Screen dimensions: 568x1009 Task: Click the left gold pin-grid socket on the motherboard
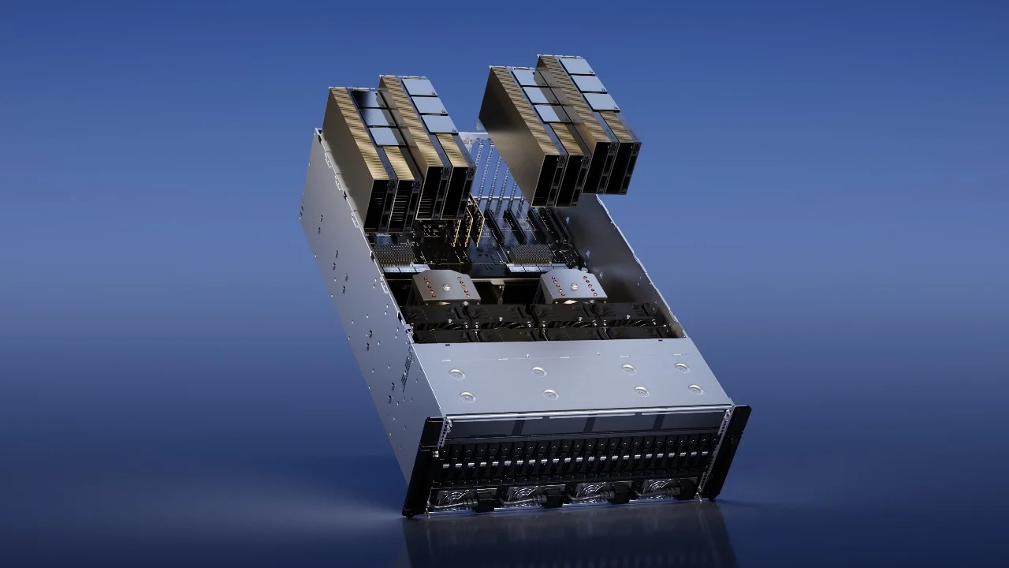[x=395, y=254]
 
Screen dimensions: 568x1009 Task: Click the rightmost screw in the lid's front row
[x=694, y=389]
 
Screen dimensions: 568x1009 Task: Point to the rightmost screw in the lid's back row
[x=680, y=367]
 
